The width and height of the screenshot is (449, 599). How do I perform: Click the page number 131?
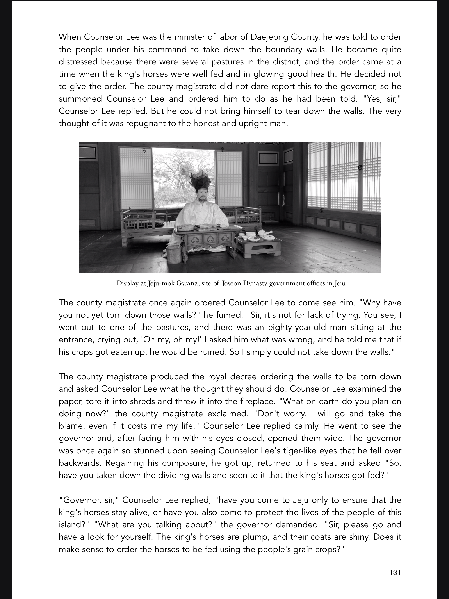click(395, 572)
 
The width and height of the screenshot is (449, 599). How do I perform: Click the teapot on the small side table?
click(262, 232)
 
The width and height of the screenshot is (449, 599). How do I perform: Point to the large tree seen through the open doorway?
click(179, 173)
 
